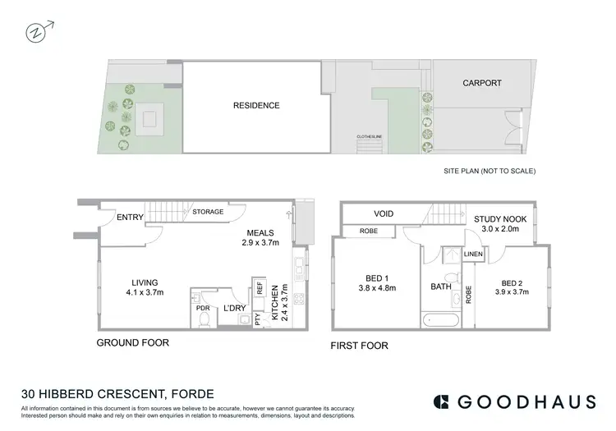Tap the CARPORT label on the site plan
pos(481,83)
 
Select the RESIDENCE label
pos(256,105)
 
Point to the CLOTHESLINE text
pos(370,136)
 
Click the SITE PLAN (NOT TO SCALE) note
pos(489,172)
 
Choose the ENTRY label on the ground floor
pos(131,217)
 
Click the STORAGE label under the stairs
pos(208,212)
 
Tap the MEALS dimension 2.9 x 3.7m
pos(259,243)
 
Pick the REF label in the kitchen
pos(259,290)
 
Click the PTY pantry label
pos(258,319)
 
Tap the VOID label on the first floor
pos(384,213)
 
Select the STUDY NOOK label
pos(500,218)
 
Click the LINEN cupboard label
pos(473,254)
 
